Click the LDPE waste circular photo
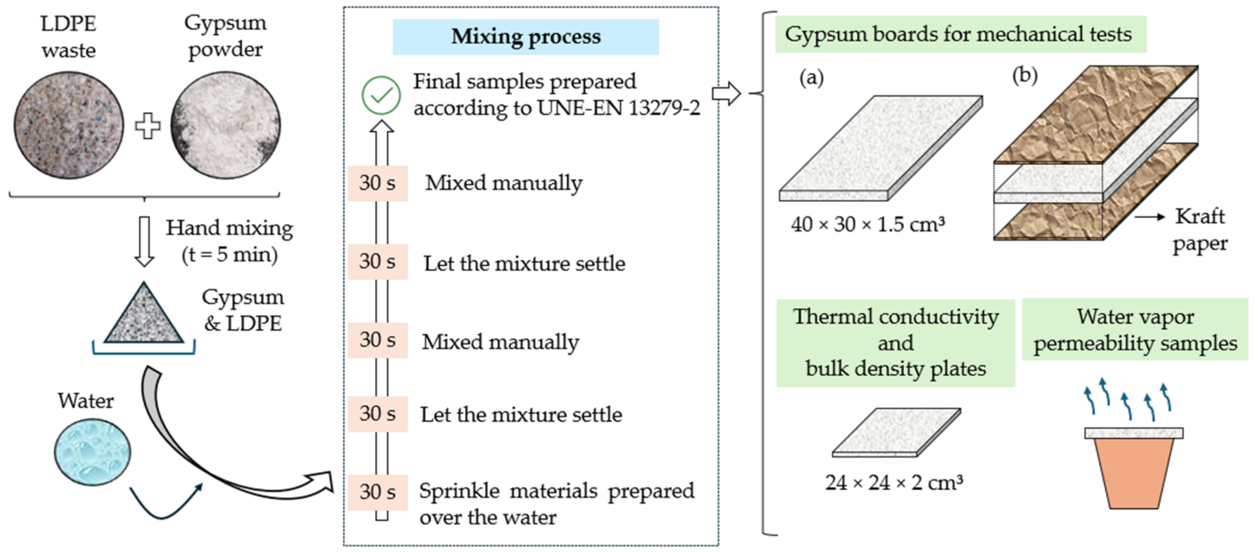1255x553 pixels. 69,125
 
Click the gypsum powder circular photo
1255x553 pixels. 226,125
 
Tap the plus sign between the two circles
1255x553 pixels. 147,126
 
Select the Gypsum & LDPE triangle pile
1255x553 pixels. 144,316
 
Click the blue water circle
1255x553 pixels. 92,453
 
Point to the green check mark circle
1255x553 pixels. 381,95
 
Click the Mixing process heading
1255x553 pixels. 526,37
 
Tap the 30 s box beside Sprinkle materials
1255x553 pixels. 378,492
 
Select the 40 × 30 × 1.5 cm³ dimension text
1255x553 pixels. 868,224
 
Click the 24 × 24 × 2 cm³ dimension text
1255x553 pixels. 894,483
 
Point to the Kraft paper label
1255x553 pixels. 1199,229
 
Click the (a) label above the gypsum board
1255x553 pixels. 811,78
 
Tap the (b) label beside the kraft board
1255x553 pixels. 1025,75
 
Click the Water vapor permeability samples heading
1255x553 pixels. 1135,329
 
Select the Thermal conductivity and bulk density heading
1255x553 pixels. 895,343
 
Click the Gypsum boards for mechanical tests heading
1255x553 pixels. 958,34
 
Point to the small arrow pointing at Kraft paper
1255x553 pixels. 1150,217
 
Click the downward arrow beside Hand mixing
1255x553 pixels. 144,241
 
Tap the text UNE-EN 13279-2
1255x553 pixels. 619,108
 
